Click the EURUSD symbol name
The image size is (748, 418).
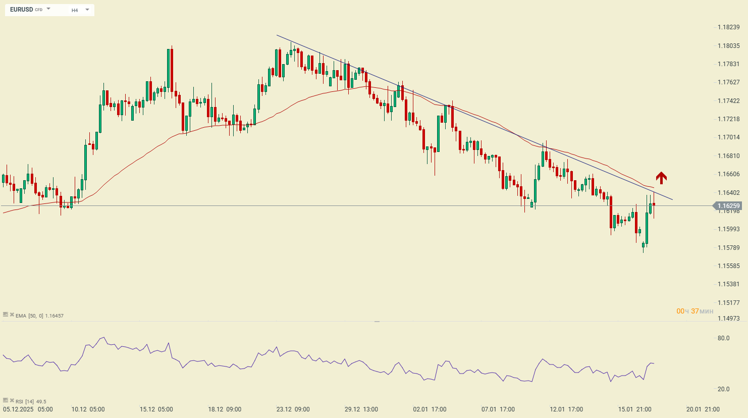[21, 10]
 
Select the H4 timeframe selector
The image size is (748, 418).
[75, 10]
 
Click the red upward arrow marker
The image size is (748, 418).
[661, 177]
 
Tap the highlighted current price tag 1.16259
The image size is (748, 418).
[728, 206]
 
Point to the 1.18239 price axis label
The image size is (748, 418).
[728, 27]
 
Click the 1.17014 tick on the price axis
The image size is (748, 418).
[728, 137]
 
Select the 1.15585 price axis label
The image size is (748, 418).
[728, 266]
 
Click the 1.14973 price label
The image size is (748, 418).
[728, 319]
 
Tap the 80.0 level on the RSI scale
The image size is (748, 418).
[723, 338]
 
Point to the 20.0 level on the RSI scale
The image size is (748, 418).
[723, 389]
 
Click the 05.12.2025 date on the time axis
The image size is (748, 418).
[18, 409]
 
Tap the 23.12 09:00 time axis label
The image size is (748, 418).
[293, 409]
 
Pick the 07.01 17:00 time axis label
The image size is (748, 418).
[498, 409]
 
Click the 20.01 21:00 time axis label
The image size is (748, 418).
[703, 409]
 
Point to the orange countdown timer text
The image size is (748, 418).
[695, 311]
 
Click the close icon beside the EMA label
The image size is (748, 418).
[12, 315]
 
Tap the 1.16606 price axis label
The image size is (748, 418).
[728, 174]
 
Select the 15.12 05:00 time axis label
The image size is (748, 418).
[156, 409]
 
